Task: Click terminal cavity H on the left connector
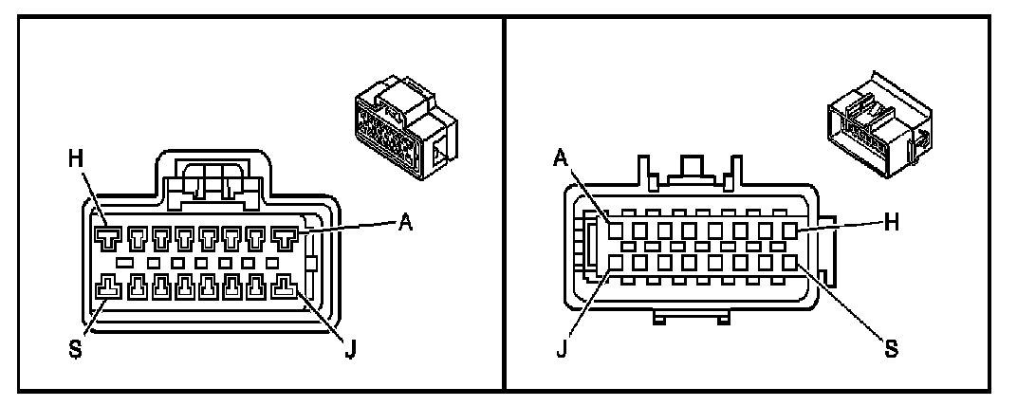pyautogui.click(x=106, y=234)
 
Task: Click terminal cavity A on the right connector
pyautogui.click(x=615, y=230)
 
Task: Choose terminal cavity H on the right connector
pyautogui.click(x=789, y=230)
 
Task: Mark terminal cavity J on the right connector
pyautogui.click(x=615, y=261)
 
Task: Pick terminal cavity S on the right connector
pyautogui.click(x=789, y=261)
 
